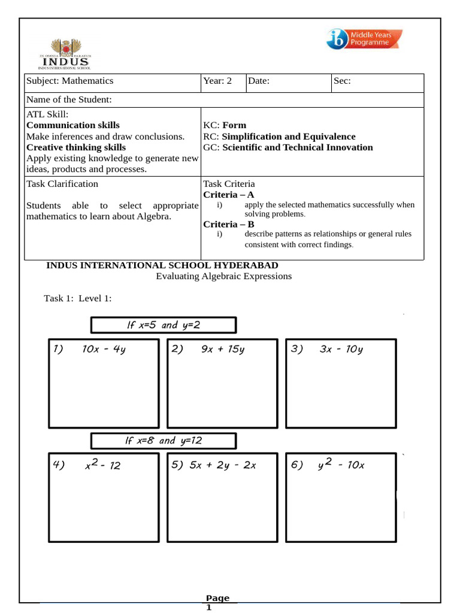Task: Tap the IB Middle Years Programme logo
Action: pyautogui.click(x=364, y=39)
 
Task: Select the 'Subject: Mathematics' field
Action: pyautogui.click(x=69, y=81)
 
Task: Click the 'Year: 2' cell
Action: pyautogui.click(x=217, y=81)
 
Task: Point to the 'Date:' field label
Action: pyautogui.click(x=259, y=81)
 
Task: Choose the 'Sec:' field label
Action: pyautogui.click(x=342, y=81)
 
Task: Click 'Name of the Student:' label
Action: pyautogui.click(x=69, y=100)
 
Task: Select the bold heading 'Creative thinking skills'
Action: pyautogui.click(x=76, y=147)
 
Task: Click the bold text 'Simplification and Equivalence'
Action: pyautogui.click(x=289, y=136)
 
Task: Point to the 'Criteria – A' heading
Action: pyautogui.click(x=229, y=195)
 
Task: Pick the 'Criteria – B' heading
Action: pyautogui.click(x=229, y=224)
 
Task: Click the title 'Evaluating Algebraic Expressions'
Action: pyautogui.click(x=223, y=276)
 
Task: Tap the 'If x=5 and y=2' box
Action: pyautogui.click(x=164, y=325)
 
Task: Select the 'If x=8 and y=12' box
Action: pyautogui.click(x=164, y=441)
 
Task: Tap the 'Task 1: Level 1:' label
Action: pyautogui.click(x=78, y=298)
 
